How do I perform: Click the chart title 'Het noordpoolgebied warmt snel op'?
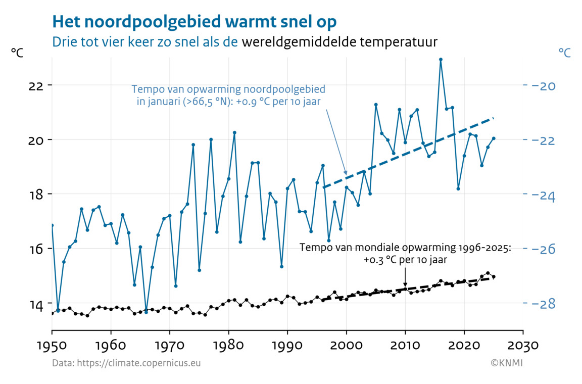pyautogui.click(x=194, y=22)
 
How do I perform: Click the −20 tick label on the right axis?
pyautogui.click(x=543, y=86)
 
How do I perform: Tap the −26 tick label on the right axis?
pyautogui.click(x=543, y=249)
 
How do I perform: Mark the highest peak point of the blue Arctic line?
pyautogui.click(x=441, y=60)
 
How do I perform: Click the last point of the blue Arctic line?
pyautogui.click(x=494, y=138)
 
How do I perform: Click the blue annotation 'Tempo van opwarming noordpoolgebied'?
pyautogui.click(x=228, y=89)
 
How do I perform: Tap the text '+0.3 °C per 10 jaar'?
pyautogui.click(x=405, y=260)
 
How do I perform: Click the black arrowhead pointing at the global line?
pyautogui.click(x=405, y=285)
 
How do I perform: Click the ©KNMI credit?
pyautogui.click(x=506, y=363)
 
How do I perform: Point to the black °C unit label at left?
pyautogui.click(x=17, y=53)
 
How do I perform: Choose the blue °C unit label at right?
pyautogui.click(x=564, y=52)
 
